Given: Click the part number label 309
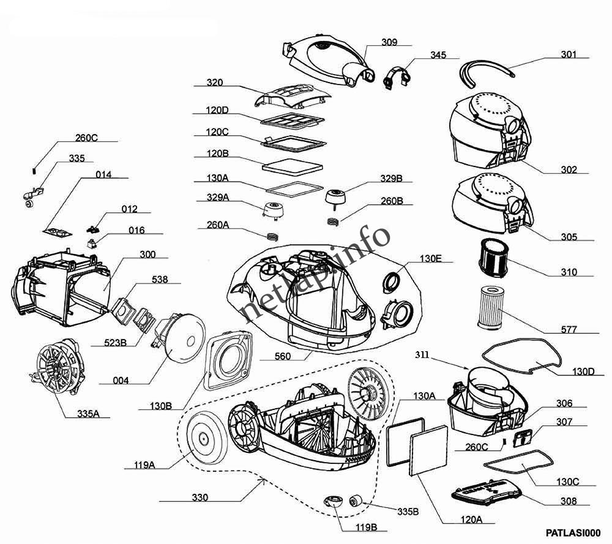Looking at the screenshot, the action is tap(389, 42).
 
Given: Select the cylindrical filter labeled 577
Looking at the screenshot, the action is tap(491, 307).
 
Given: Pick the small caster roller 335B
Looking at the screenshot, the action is tap(356, 501).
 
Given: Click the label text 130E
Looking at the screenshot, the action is tap(430, 258).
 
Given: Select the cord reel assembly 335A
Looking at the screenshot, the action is tap(58, 366).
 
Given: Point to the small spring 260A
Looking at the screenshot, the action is tap(272, 236).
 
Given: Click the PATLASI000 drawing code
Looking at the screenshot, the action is tap(573, 533).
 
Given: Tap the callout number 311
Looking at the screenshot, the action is tap(422, 355).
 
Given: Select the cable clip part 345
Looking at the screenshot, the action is tap(397, 78).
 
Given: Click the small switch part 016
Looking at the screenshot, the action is tap(92, 244).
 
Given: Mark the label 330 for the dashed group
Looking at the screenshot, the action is tap(200, 497).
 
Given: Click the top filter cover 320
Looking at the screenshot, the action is tap(292, 96).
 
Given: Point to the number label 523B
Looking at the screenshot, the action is tap(115, 343).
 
